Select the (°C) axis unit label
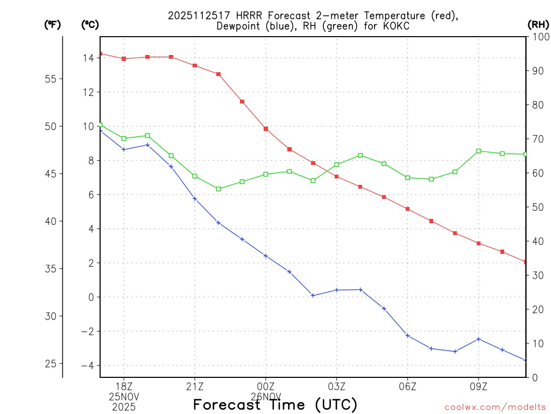tap(90, 24)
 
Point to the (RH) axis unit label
tap(538, 24)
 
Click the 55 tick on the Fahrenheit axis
tap(52, 79)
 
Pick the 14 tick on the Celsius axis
tap(88, 58)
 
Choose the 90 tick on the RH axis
tap(538, 71)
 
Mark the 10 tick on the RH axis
tap(538, 343)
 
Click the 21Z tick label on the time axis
tap(195, 387)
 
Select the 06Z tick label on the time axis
tap(408, 387)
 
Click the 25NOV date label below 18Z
tap(124, 397)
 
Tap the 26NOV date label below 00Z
tap(266, 397)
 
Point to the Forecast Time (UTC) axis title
tap(275, 404)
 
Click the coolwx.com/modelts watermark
tap(495, 407)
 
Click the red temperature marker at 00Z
tap(266, 129)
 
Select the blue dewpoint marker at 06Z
tap(408, 336)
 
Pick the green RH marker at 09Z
tap(479, 151)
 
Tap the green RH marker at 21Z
tap(195, 176)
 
